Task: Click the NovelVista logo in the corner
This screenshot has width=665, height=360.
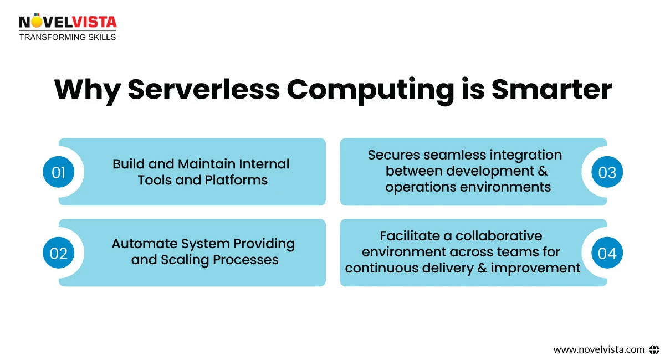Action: click(x=68, y=22)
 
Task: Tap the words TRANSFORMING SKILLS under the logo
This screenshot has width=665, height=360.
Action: click(x=68, y=37)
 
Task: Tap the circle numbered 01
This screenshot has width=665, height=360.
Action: click(x=59, y=172)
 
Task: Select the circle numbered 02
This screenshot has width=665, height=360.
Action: click(x=59, y=253)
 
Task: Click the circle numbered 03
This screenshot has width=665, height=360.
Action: click(x=607, y=172)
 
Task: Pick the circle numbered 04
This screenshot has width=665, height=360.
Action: click(x=607, y=253)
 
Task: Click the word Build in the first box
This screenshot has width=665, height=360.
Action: click(x=129, y=164)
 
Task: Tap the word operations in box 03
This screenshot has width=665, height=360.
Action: click(x=422, y=187)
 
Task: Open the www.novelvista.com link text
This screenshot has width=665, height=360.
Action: click(x=598, y=349)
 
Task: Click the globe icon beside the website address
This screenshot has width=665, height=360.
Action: click(x=654, y=349)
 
